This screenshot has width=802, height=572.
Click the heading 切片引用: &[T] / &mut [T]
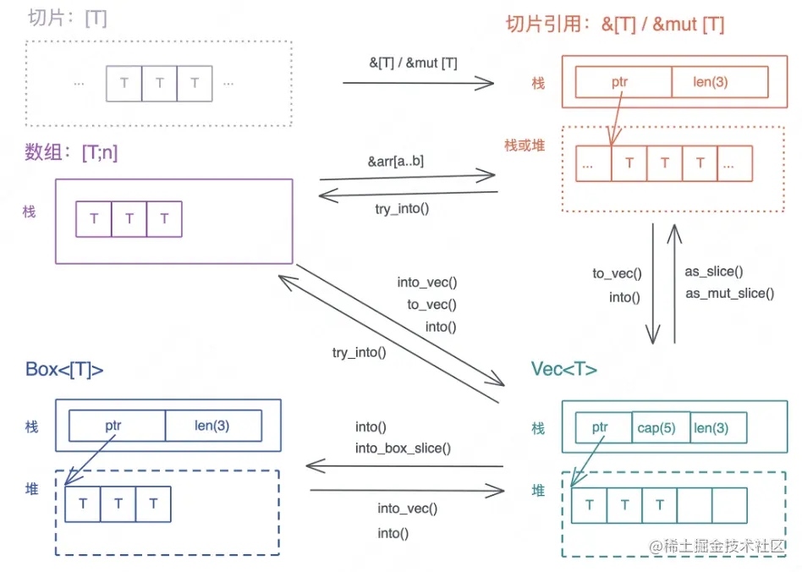point(614,24)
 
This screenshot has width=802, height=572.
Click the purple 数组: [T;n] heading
point(71,152)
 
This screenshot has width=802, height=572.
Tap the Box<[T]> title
point(64,369)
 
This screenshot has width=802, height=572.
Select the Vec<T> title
point(563,369)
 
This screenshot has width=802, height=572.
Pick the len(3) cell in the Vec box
point(711,428)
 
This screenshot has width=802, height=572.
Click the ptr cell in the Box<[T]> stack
point(113,426)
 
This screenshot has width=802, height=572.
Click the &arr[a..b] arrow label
point(395,161)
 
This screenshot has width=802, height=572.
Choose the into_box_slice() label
point(402,448)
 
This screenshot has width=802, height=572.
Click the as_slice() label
point(713,272)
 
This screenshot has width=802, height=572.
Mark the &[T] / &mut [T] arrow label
point(408,62)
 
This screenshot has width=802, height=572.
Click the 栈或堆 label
point(525,146)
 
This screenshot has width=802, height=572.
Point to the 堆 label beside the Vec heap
point(538,490)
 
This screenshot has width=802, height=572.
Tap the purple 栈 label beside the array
point(30,212)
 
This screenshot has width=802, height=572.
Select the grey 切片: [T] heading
point(68,18)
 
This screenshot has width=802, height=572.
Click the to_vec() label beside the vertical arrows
point(617,273)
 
